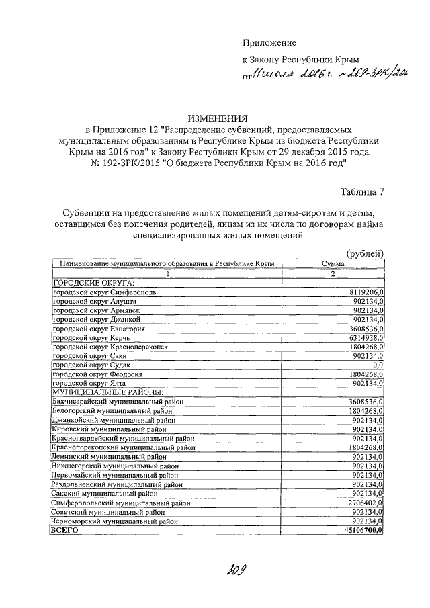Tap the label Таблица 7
(363, 192)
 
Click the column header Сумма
(333, 264)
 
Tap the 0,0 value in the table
(376, 363)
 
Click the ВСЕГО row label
(65, 530)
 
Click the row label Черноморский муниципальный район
(115, 521)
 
